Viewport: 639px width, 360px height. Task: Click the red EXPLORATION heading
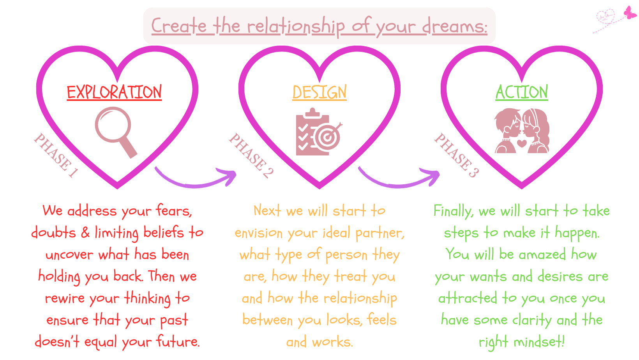114,92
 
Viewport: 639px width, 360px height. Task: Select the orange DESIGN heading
319,92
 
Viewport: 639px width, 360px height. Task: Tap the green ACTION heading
522,92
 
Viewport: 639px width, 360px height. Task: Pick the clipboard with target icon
319,132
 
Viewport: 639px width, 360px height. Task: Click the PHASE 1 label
56,155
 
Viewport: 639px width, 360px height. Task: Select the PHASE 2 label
251,155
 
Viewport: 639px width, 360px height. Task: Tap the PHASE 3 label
456,155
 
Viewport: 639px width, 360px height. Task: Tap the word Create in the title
179,26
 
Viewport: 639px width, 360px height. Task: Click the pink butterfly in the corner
630,12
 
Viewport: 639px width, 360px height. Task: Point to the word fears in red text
174,210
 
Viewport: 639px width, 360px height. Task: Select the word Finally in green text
454,212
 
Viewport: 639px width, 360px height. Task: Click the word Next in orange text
267,210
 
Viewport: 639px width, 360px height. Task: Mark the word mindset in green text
539,342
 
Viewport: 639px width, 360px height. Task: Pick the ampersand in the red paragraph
85,233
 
